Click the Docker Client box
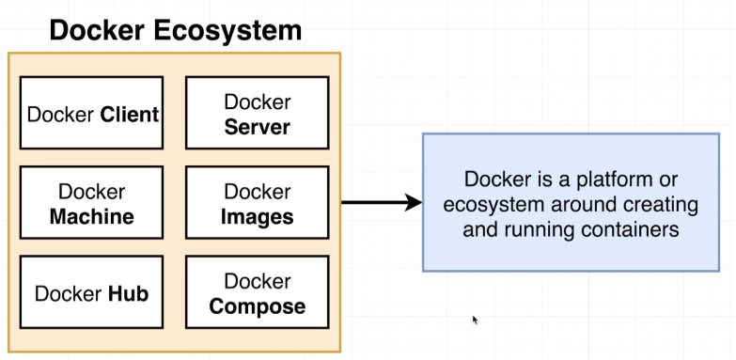[x=91, y=113]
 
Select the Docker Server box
[x=257, y=113]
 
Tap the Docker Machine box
[x=91, y=204]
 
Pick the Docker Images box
[x=257, y=204]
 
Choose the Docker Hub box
[x=91, y=292]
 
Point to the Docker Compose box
[x=257, y=292]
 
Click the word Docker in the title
[x=94, y=30]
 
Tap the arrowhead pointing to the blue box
[x=412, y=201]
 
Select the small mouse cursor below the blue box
[x=476, y=320]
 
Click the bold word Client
[x=130, y=116]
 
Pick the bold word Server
[x=257, y=127]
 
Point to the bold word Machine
[x=91, y=217]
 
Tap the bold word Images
[x=257, y=217]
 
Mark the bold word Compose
[x=257, y=306]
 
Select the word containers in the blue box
[x=631, y=228]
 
